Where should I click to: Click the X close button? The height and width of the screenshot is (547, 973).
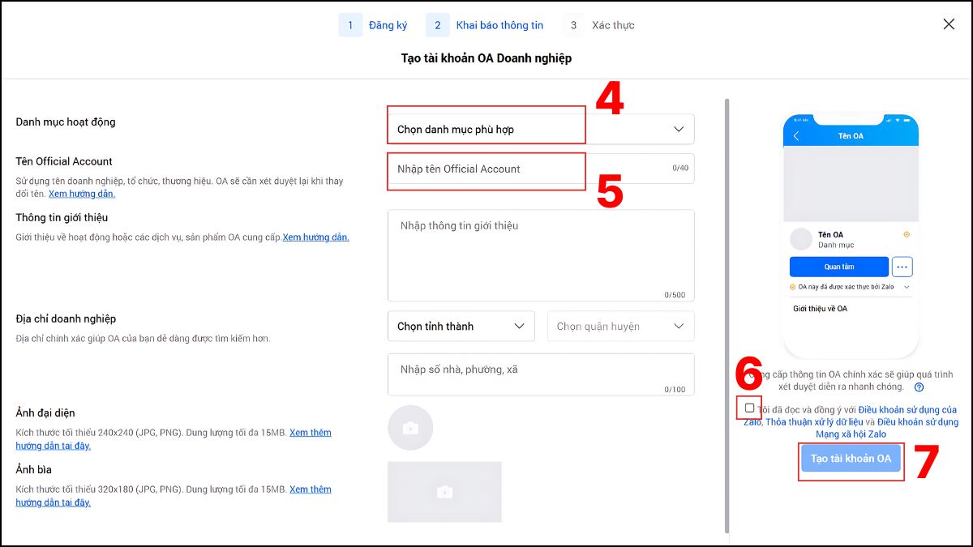pos(949,24)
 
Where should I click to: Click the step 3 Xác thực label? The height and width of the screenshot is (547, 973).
pos(613,25)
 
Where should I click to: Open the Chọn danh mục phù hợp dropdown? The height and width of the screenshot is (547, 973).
pos(541,129)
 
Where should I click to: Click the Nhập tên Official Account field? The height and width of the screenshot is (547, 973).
pos(541,169)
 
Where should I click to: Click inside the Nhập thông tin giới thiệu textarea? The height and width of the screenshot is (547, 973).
pos(541,255)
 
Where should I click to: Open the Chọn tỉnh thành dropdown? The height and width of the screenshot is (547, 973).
pos(461,326)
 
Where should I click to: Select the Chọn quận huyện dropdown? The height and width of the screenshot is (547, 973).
pos(620,326)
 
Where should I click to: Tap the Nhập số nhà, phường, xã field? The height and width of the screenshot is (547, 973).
pos(541,374)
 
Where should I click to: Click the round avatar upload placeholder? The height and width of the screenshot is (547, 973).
pos(410,428)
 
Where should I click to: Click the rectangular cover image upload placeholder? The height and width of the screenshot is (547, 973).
pos(444,491)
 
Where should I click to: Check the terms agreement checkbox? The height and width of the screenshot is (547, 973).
pos(749,408)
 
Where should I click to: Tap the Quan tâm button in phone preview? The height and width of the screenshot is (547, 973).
pos(838,267)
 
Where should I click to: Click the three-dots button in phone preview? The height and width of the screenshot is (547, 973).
pos(902,267)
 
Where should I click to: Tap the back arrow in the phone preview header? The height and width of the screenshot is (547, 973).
pos(796,136)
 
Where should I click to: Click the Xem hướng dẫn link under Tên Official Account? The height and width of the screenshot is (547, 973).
pos(82,194)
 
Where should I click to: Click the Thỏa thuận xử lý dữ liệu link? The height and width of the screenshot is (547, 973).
pos(814,422)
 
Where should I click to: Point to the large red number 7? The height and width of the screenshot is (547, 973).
pos(926,461)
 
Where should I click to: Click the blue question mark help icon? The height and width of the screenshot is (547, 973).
pos(919,387)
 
